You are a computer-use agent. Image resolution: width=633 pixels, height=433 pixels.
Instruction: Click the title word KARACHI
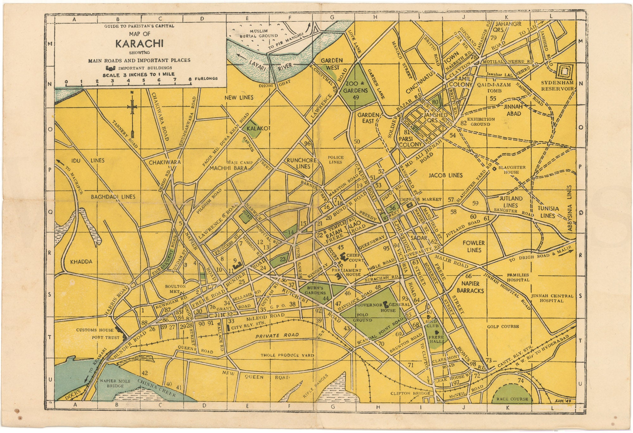(x=139, y=44)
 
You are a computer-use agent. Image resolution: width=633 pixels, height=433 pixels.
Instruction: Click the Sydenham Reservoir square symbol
(x=564, y=72)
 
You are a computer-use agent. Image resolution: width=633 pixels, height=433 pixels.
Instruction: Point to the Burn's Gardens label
(x=315, y=290)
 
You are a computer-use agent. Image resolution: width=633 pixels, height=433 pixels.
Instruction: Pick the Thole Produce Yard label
(x=287, y=355)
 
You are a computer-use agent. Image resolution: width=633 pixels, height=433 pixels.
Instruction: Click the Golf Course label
(x=503, y=326)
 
